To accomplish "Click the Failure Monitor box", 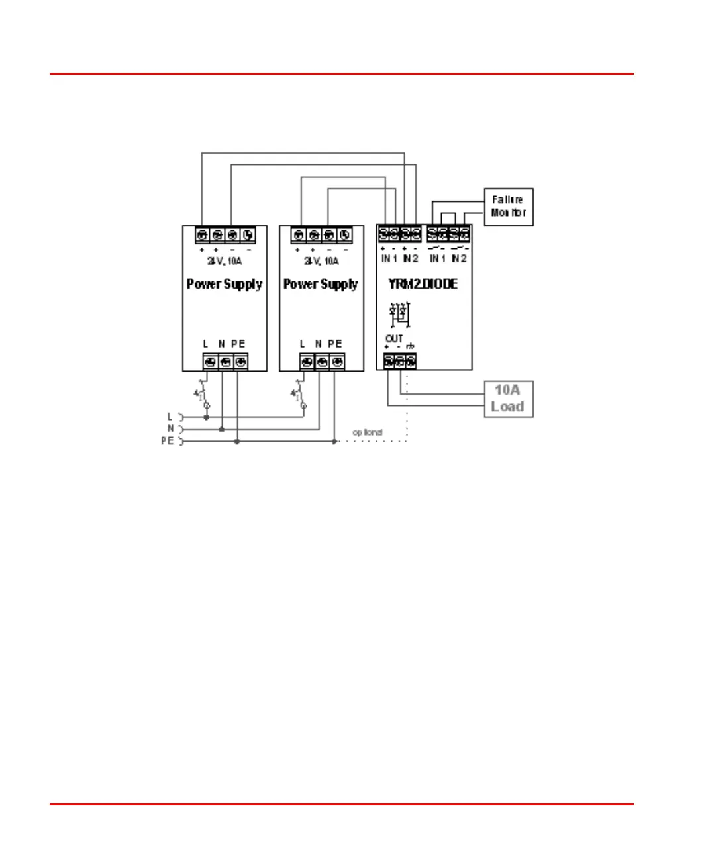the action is click(509, 207).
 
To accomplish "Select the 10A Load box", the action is click(508, 399).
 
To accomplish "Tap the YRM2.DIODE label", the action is click(423, 284).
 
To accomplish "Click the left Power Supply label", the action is click(225, 284).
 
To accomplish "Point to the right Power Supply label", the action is click(321, 284).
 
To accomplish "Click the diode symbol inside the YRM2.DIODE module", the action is click(399, 314).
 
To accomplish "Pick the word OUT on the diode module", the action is click(394, 338).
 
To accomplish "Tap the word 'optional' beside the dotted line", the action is click(368, 432).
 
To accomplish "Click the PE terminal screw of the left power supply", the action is click(241, 362).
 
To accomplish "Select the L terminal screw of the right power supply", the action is click(307, 362).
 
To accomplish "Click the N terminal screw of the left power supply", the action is click(225, 362).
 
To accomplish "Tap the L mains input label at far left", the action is click(170, 417).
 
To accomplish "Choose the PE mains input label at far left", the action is click(167, 441).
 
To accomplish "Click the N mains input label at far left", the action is click(170, 428).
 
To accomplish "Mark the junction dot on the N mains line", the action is click(221, 429).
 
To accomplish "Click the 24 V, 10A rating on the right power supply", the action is click(321, 261).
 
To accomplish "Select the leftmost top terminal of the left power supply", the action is click(203, 235).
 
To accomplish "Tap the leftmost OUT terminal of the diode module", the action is click(388, 362).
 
